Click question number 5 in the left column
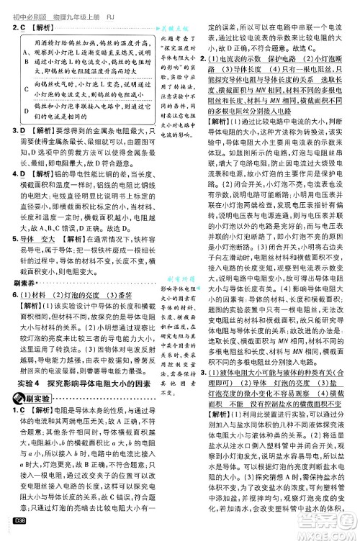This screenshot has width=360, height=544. [15, 237]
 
